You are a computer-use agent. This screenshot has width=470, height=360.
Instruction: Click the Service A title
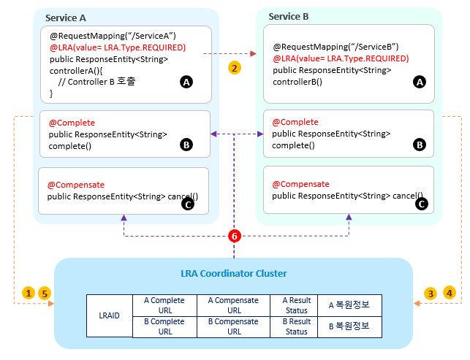[67, 18]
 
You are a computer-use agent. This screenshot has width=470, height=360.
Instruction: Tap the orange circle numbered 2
[234, 67]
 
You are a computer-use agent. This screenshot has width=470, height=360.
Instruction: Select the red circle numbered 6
[234, 237]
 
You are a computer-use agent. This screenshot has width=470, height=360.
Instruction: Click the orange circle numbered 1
[29, 293]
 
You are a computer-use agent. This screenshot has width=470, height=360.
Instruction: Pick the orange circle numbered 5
[44, 293]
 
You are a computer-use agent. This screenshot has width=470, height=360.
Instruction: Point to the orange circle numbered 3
[431, 293]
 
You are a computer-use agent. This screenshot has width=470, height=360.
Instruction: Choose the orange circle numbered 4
[449, 293]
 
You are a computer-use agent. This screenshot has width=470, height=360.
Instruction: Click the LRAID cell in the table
[109, 315]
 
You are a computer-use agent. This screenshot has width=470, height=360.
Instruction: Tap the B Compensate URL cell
[234, 326]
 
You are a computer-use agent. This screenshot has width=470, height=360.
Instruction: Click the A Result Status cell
[296, 305]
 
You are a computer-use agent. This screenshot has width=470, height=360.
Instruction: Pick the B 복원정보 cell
[349, 326]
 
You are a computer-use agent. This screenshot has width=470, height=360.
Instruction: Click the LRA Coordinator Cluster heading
[233, 274]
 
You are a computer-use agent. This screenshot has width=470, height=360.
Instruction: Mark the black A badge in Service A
[186, 83]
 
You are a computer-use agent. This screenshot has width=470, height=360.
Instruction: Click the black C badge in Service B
[420, 204]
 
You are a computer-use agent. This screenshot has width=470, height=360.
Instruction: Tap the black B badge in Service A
[186, 145]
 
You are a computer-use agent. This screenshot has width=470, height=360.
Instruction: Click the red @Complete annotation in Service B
[295, 122]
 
